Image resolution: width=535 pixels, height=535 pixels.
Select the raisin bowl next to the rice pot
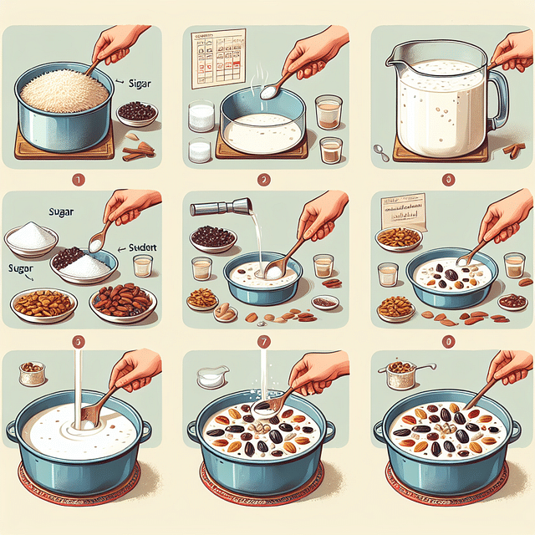pos(138,113)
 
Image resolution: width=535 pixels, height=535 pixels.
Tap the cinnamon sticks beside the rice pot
pos(135,150)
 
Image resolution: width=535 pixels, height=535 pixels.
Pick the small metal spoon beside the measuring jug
pos(381,152)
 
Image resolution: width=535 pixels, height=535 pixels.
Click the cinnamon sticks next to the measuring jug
pos(513,150)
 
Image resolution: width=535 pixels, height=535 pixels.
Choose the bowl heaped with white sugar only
pos(31,238)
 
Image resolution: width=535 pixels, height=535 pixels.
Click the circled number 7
pos(264,342)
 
